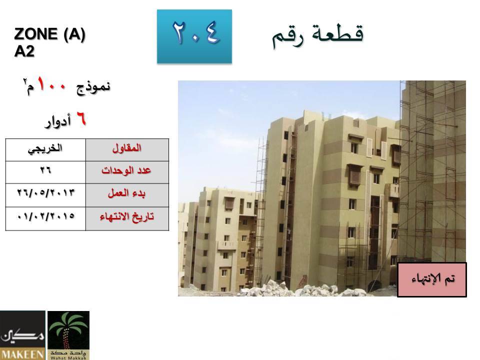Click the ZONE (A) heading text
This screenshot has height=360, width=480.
click(x=49, y=34)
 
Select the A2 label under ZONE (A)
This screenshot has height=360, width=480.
click(x=24, y=51)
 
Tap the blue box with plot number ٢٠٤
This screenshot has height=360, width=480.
click(x=194, y=36)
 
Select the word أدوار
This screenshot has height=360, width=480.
click(x=58, y=121)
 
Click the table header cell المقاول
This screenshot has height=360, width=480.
click(x=127, y=150)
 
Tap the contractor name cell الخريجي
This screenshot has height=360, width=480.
click(x=45, y=150)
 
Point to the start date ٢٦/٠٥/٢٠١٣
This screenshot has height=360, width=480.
click(x=45, y=192)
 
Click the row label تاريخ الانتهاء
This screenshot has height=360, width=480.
click(x=126, y=217)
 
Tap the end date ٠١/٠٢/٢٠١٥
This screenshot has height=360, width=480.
click(x=45, y=216)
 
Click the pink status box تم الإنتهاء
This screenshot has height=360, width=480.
click(x=432, y=279)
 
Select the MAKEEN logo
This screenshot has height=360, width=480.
click(x=22, y=335)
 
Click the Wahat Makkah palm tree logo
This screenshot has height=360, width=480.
click(x=68, y=335)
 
